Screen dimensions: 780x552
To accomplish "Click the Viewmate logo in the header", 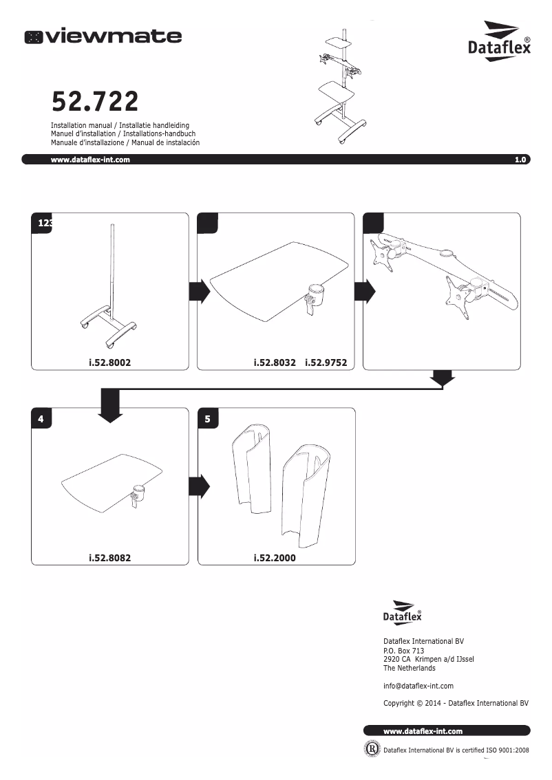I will click(103, 36).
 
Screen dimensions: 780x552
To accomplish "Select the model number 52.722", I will click(95, 102).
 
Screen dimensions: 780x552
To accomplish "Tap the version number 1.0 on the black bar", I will click(520, 160).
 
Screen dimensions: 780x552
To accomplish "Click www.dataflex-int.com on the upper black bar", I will click(90, 160).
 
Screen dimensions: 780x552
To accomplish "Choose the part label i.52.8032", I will click(275, 362).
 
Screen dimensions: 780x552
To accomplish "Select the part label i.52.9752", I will click(326, 362).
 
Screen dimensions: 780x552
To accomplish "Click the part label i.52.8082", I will click(109, 558).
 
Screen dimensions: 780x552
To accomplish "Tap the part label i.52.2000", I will click(275, 558).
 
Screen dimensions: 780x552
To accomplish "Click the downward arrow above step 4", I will click(110, 405).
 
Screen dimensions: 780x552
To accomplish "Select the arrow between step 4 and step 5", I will click(199, 486).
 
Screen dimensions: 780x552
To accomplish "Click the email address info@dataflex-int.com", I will click(418, 686).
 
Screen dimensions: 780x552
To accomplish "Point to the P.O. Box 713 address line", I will click(403, 651).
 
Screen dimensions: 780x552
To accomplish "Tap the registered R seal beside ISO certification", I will click(372, 748).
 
